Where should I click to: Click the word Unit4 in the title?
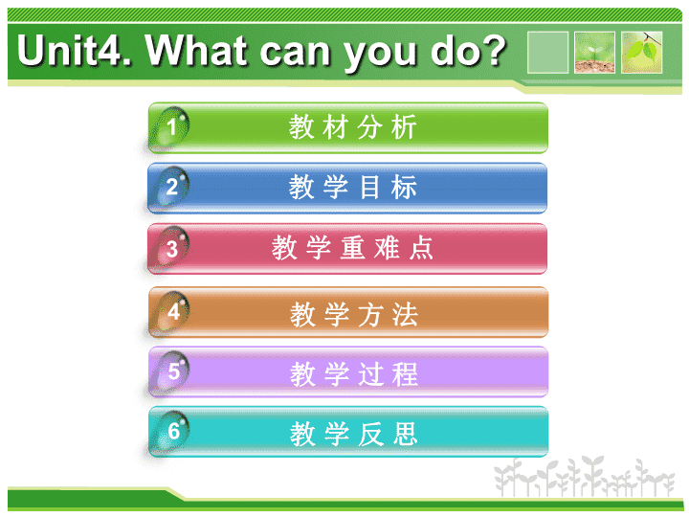(x=75, y=51)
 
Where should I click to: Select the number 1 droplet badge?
(x=170, y=127)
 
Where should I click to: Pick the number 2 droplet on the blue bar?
(x=170, y=187)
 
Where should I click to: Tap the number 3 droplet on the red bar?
(x=170, y=248)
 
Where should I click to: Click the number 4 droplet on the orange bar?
(x=171, y=311)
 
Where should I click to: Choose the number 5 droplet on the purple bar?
(x=171, y=371)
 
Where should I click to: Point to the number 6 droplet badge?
(x=171, y=431)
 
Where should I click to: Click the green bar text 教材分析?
(x=352, y=127)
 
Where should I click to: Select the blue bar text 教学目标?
(x=352, y=187)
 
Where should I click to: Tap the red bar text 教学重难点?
(x=352, y=248)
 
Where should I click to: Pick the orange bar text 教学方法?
(x=354, y=314)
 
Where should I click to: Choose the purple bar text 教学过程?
(x=354, y=374)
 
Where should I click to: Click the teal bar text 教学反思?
(x=354, y=434)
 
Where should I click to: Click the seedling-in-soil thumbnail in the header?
(x=594, y=53)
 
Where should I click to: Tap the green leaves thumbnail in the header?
(x=641, y=53)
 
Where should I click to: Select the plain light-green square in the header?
(x=548, y=53)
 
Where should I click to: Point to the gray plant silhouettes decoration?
(x=585, y=477)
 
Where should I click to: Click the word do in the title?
(x=455, y=51)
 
